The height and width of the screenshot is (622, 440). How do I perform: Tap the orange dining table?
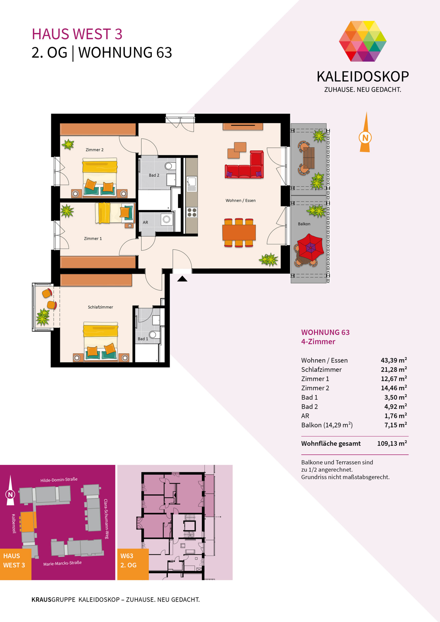(x=239, y=233)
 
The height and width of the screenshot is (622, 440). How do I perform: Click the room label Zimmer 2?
(x=94, y=150)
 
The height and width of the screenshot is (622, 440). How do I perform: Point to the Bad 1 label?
(x=143, y=339)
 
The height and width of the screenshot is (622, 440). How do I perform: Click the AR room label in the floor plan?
(x=145, y=222)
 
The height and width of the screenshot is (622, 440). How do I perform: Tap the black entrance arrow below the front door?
(x=182, y=278)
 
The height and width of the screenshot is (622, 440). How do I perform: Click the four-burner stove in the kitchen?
(x=192, y=212)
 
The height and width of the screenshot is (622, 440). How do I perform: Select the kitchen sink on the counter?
(x=192, y=184)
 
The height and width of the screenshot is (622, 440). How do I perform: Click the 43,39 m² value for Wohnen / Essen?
(x=394, y=360)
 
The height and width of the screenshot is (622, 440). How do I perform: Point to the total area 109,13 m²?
(x=392, y=443)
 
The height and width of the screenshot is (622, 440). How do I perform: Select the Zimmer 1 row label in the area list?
(x=315, y=379)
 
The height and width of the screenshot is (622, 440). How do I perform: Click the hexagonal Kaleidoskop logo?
(x=363, y=41)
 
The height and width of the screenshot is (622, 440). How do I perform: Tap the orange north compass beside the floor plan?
(x=365, y=132)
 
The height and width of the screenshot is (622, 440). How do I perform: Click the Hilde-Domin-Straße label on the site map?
(x=59, y=480)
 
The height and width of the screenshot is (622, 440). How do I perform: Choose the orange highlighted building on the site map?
(x=28, y=521)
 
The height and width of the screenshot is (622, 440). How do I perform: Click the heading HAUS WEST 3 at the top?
(x=77, y=34)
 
